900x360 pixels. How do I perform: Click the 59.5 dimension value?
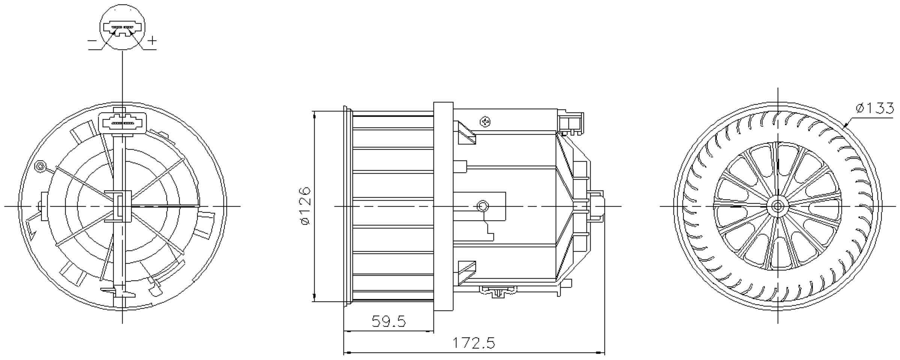388,321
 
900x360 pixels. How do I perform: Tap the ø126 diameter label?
306,206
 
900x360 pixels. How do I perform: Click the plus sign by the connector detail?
151,40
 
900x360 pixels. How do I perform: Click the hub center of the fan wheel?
777,206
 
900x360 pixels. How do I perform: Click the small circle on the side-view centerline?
483,206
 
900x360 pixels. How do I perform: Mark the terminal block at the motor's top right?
571,122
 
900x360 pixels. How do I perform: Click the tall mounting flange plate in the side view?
443,206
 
